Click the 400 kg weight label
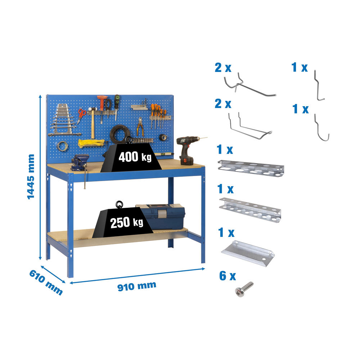[x=135, y=157]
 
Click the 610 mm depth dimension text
[x=45, y=282]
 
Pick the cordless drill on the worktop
[x=188, y=150]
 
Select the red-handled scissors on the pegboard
[x=82, y=114]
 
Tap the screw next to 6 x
[x=244, y=289]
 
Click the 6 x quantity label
[x=228, y=276]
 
